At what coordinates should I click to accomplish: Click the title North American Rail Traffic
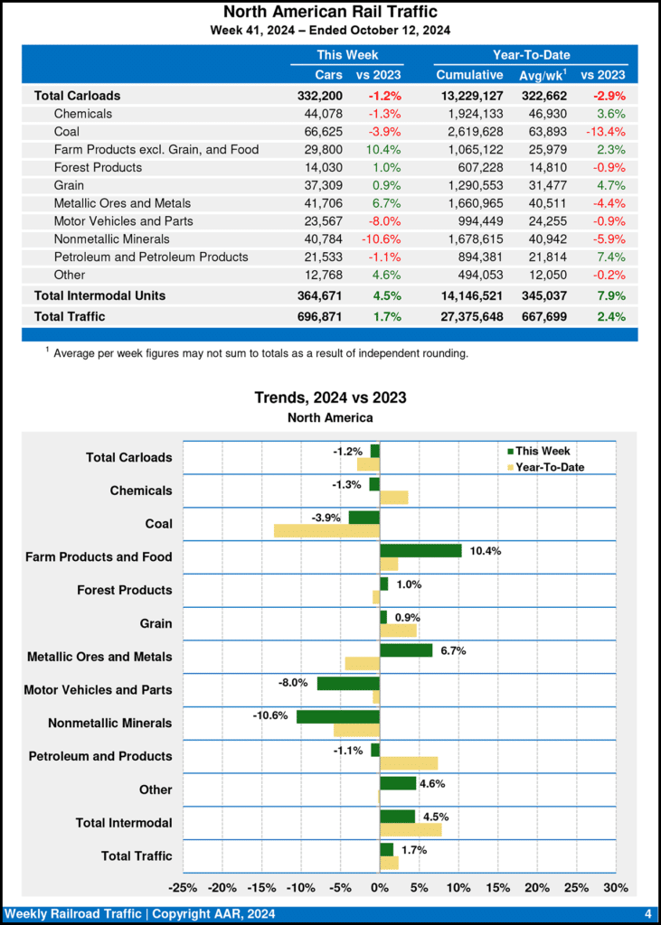(x=330, y=12)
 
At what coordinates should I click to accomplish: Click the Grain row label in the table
(x=70, y=185)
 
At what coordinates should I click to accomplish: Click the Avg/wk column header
(x=542, y=75)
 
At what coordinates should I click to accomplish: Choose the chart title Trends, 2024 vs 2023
(x=330, y=397)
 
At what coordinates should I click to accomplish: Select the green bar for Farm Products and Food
(x=420, y=550)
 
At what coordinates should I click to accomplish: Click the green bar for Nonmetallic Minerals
(x=338, y=716)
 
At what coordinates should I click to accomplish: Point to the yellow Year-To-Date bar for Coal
(x=326, y=530)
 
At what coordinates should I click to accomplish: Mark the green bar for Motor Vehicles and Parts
(x=348, y=683)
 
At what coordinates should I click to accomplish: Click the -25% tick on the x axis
(x=184, y=886)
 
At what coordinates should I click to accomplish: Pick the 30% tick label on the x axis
(x=615, y=886)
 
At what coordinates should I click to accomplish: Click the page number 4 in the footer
(x=648, y=913)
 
